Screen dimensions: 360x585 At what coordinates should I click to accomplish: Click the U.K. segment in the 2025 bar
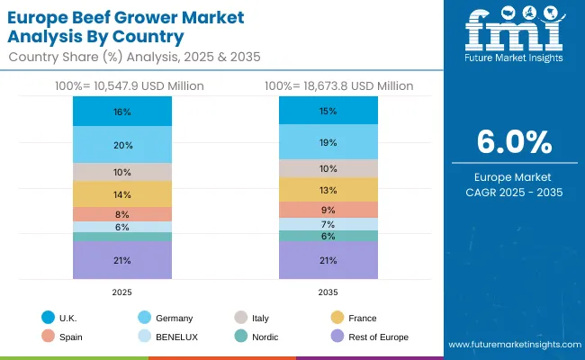[122, 112]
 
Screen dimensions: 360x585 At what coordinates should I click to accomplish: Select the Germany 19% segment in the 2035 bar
[328, 142]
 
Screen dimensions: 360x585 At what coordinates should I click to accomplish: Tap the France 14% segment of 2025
[122, 194]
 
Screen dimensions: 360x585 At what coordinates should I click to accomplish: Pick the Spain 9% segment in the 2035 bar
[328, 210]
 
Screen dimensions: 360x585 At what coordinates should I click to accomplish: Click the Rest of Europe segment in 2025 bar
[122, 260]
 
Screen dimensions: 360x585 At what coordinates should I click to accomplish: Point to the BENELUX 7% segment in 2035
[328, 224]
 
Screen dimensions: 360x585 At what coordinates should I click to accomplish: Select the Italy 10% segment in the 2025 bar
[122, 172]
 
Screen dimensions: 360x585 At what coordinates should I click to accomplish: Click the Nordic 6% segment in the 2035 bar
[328, 236]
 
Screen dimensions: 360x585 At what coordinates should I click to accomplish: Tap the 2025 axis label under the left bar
[122, 292]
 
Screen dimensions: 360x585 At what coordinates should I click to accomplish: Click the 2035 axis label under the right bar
[328, 292]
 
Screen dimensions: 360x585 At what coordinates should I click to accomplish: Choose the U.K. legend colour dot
[47, 318]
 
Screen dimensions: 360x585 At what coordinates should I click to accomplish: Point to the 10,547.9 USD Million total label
[122, 85]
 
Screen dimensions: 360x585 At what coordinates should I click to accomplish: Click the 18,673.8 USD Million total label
[338, 85]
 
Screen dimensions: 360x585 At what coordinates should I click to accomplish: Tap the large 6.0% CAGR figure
[512, 143]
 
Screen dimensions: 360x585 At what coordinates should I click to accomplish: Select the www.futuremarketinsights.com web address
[512, 345]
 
